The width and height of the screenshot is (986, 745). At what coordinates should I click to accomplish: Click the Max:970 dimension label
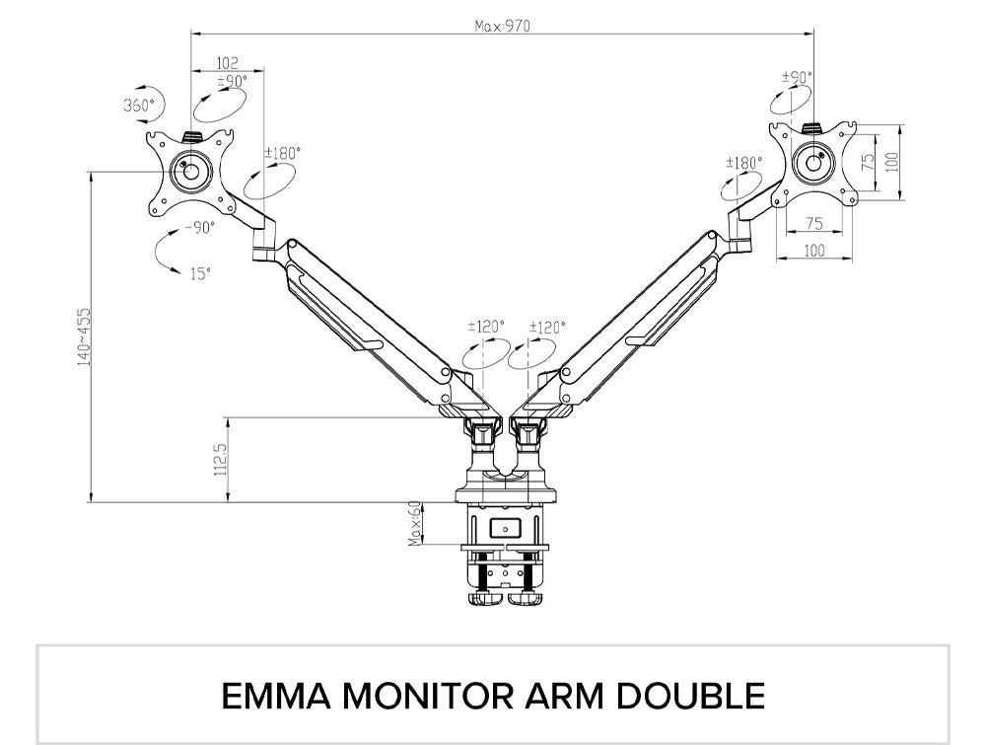point(502,27)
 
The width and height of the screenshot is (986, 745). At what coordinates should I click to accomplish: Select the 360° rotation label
point(139,105)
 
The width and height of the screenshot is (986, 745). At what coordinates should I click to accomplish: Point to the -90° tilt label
point(199,227)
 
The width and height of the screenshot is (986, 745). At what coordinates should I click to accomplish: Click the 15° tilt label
point(200,274)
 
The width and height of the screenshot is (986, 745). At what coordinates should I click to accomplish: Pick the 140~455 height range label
point(85,335)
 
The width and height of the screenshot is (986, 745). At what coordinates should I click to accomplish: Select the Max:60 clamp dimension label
point(416,523)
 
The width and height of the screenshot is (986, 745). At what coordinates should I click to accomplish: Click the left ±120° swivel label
point(485,327)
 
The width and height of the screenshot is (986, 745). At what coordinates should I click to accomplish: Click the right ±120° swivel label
point(546,327)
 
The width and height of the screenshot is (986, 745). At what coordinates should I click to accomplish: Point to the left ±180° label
point(283,153)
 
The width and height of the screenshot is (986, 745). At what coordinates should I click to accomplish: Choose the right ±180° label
point(744,163)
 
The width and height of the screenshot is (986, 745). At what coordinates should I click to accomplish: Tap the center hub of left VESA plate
point(189,170)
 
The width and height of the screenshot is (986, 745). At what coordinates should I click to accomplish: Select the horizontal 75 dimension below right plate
point(814,223)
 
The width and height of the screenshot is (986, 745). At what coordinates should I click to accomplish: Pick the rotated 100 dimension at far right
point(892,162)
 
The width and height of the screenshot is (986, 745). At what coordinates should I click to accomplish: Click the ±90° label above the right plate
point(797,77)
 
